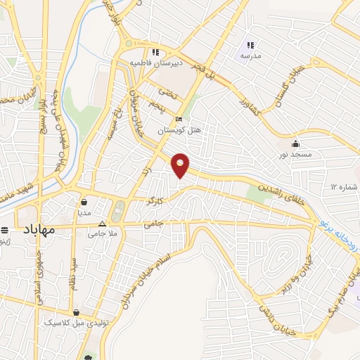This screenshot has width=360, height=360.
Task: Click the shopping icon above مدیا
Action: click(84, 200)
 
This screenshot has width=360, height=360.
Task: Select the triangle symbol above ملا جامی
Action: click(102, 224)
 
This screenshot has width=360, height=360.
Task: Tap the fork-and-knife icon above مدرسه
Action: click(250, 45)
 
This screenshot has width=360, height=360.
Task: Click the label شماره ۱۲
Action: click(343, 187)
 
